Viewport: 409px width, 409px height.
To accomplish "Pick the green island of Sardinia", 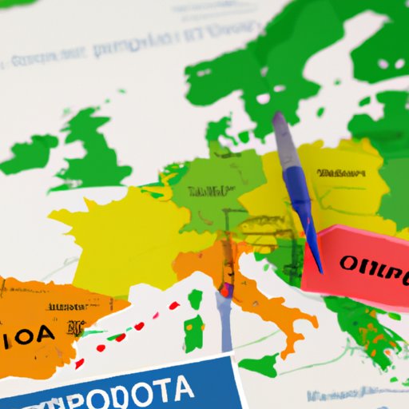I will (194, 332).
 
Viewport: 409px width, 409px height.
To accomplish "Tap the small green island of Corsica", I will (195, 300).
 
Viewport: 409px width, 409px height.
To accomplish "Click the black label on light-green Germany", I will (208, 192).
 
